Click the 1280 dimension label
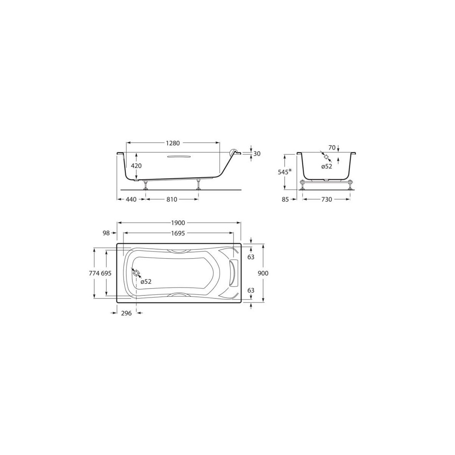pyautogui.click(x=173, y=143)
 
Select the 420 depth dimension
pyautogui.click(x=136, y=166)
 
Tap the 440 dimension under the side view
pyautogui.click(x=130, y=199)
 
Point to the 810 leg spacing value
pyautogui.click(x=172, y=199)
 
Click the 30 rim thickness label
pyautogui.click(x=257, y=154)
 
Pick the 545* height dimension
pyautogui.click(x=285, y=171)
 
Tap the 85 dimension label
pyautogui.click(x=285, y=199)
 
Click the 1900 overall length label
pyautogui.click(x=178, y=223)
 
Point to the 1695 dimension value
pyautogui.click(x=178, y=234)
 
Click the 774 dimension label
pyautogui.click(x=94, y=273)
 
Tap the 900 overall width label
pyautogui.click(x=263, y=273)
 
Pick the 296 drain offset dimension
pyautogui.click(x=126, y=313)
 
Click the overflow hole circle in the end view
pyautogui.click(x=326, y=156)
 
